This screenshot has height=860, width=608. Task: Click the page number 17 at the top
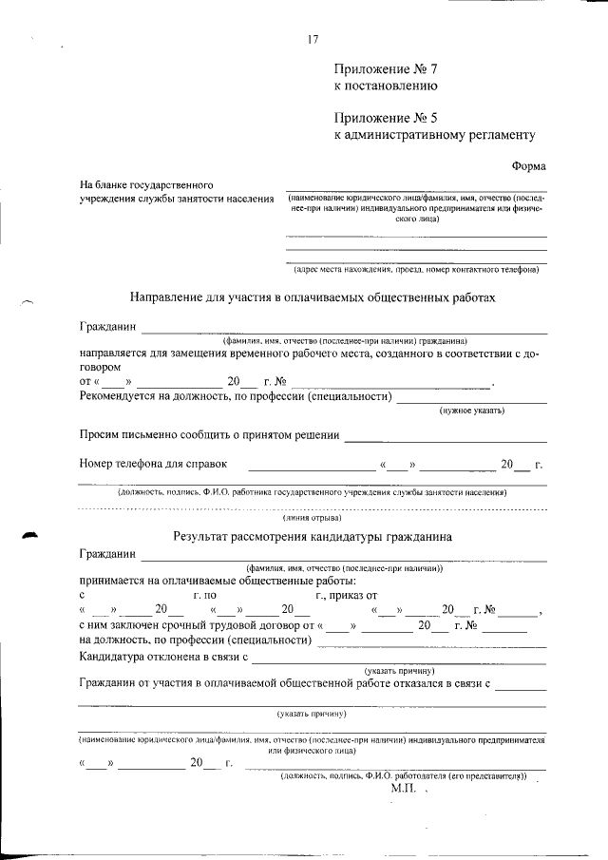pyautogui.click(x=313, y=39)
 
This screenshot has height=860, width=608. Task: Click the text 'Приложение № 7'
pyautogui.click(x=386, y=68)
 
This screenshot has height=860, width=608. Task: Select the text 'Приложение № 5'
pyautogui.click(x=386, y=118)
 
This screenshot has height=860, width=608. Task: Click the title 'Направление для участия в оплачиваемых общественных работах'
pyautogui.click(x=313, y=297)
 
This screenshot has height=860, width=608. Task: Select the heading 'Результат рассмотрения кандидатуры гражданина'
pyautogui.click(x=313, y=537)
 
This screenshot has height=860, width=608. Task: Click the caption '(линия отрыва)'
pyautogui.click(x=313, y=519)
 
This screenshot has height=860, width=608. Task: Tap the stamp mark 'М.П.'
pyautogui.click(x=405, y=789)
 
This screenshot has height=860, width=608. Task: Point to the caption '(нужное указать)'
pyautogui.click(x=471, y=411)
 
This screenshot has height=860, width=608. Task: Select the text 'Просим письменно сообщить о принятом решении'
pyautogui.click(x=210, y=435)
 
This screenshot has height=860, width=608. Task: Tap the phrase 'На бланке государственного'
pyautogui.click(x=145, y=183)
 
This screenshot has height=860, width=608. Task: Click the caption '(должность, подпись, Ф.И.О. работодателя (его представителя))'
pyautogui.click(x=404, y=775)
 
